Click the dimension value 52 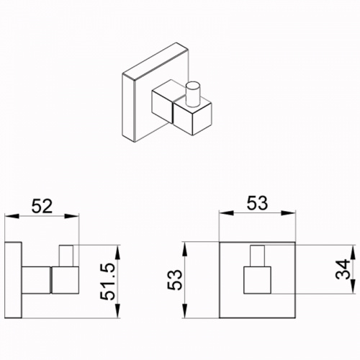pyautogui.click(x=42, y=206)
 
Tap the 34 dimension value pyautogui.click(x=343, y=269)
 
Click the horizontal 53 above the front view pyautogui.click(x=257, y=203)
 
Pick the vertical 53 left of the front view pyautogui.click(x=175, y=279)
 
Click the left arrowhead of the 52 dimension pyautogui.click(x=12, y=216)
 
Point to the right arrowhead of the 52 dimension pyautogui.click(x=71, y=216)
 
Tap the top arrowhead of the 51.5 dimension pyautogui.click(x=117, y=252)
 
